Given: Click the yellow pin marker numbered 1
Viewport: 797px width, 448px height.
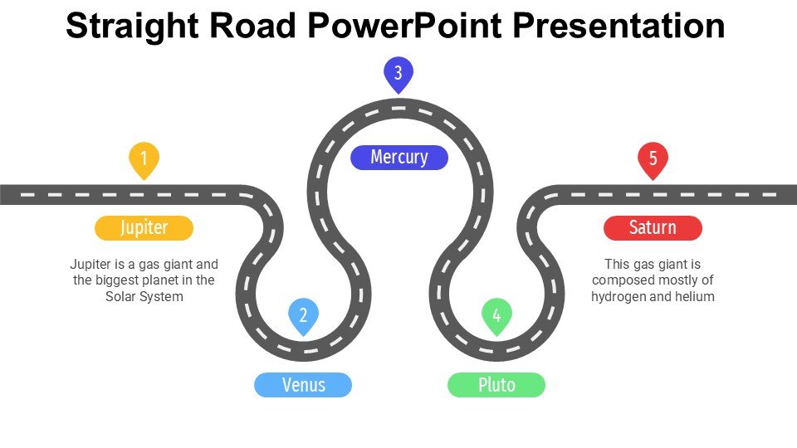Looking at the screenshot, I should (144, 158).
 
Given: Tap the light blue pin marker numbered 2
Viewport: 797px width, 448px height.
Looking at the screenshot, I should (303, 315).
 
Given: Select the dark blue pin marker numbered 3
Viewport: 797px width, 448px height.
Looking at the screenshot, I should (398, 74).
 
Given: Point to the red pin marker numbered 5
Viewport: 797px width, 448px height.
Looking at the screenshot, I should (653, 158).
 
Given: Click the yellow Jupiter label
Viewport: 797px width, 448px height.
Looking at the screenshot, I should (144, 227).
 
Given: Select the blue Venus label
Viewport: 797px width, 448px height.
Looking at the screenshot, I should (303, 385).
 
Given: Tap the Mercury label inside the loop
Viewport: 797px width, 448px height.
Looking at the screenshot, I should (399, 157).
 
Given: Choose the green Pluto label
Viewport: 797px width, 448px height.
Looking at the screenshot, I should (496, 385).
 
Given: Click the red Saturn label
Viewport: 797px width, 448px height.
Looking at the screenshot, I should (653, 227).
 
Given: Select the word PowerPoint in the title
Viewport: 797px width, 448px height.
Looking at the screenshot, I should (404, 27).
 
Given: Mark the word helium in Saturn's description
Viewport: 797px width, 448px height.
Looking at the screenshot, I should (694, 296).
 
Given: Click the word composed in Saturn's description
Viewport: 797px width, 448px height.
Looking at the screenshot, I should (623, 280).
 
